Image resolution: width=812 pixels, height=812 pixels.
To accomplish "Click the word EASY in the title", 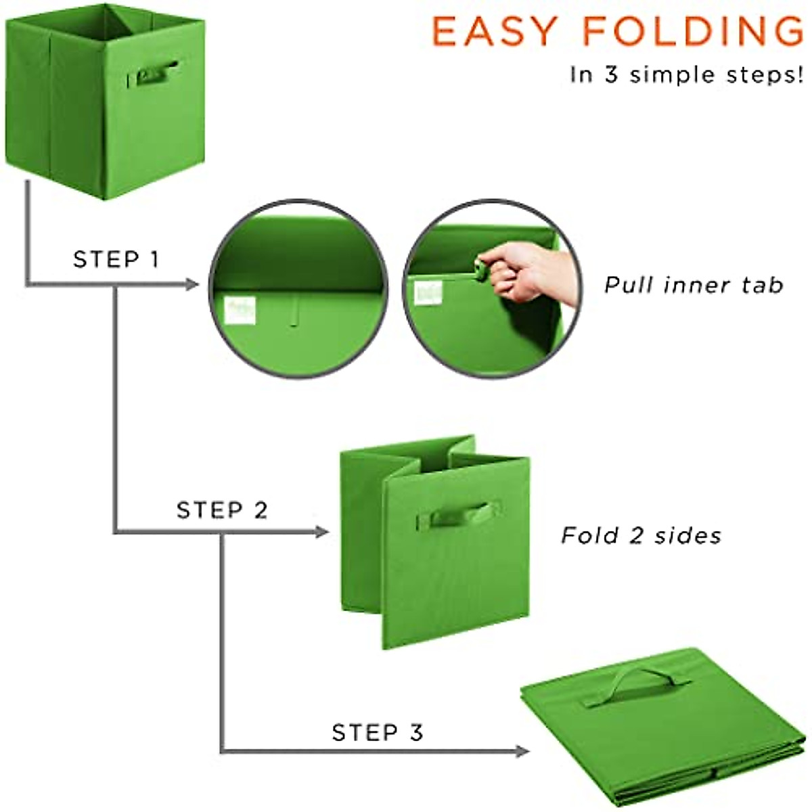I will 494,32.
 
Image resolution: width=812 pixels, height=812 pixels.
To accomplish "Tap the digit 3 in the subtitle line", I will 612,74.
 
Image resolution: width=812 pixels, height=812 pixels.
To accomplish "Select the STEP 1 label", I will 116,259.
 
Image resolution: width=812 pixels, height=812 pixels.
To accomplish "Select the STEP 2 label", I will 222,510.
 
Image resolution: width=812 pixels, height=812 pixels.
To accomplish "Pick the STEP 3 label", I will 377,732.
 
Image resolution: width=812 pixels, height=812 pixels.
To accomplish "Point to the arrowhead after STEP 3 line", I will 521,750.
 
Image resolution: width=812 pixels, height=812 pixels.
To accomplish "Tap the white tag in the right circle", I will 428,293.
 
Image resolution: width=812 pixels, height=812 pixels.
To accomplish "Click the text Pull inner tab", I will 694,285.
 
